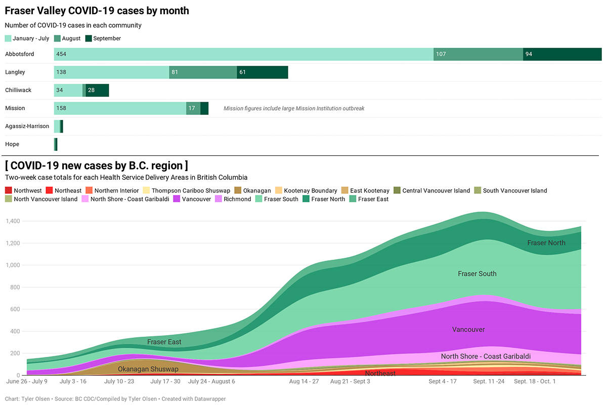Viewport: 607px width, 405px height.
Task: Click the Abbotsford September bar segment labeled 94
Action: [562, 54]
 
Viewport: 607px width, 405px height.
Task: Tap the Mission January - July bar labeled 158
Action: [120, 108]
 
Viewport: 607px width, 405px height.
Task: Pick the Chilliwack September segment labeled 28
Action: [97, 90]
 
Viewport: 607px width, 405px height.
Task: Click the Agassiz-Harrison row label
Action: [27, 126]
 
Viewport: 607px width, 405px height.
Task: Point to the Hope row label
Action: [12, 144]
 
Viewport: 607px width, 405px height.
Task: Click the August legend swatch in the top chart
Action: [57, 38]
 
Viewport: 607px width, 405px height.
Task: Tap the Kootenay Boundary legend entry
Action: [306, 191]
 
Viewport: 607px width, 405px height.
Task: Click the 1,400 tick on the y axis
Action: [12, 221]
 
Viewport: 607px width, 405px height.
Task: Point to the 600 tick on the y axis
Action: [15, 309]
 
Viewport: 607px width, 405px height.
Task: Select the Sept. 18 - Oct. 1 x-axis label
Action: [535, 381]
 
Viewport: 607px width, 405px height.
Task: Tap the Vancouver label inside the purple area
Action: [468, 330]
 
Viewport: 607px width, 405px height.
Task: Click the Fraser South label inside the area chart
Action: [477, 274]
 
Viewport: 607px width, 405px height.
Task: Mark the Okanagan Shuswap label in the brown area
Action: [148, 369]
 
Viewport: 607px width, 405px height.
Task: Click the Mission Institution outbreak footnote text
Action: [294, 108]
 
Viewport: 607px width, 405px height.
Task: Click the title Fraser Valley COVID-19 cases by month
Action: [97, 10]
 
